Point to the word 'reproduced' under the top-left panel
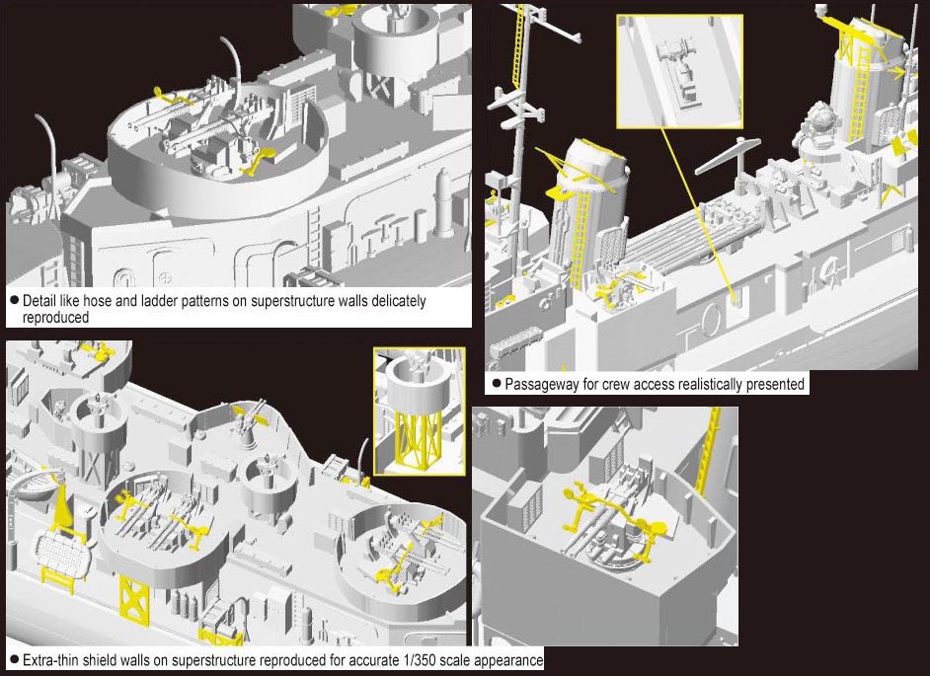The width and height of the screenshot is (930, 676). (x=55, y=317)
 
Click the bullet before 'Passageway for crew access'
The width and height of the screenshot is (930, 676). (x=496, y=384)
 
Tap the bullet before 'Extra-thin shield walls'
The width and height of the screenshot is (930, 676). (x=14, y=660)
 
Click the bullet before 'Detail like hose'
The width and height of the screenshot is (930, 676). (x=14, y=301)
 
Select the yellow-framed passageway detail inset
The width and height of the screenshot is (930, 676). (x=679, y=72)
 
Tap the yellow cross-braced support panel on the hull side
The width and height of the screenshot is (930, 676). (x=134, y=600)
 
